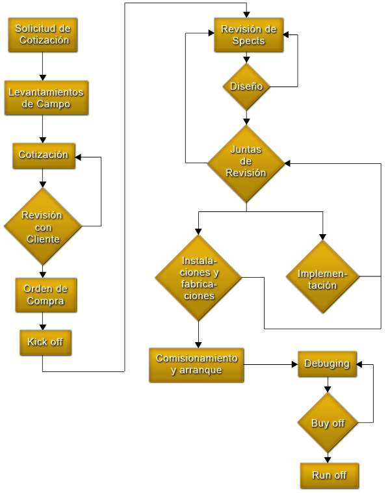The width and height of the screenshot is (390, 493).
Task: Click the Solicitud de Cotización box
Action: [42, 34]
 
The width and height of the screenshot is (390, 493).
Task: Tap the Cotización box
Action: [44, 155]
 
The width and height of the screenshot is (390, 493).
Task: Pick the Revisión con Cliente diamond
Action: [43, 226]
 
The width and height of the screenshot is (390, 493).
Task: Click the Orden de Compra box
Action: [45, 295]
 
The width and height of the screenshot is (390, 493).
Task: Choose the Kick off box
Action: [45, 342]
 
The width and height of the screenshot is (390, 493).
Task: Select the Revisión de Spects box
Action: [248, 35]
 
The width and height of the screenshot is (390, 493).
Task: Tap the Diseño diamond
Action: [246, 86]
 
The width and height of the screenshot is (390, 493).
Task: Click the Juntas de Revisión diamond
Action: [246, 163]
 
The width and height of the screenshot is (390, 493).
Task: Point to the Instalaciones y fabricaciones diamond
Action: [198, 278]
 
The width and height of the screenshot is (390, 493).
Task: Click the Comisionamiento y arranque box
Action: [196, 365]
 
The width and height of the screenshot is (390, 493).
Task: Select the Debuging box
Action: [327, 364]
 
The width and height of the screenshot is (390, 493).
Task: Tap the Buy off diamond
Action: [328, 423]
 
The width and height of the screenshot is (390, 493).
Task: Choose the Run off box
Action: [329, 475]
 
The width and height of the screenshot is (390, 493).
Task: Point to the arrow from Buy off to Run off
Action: [328, 457]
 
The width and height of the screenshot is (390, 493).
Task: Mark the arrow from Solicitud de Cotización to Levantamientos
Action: [42, 66]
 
